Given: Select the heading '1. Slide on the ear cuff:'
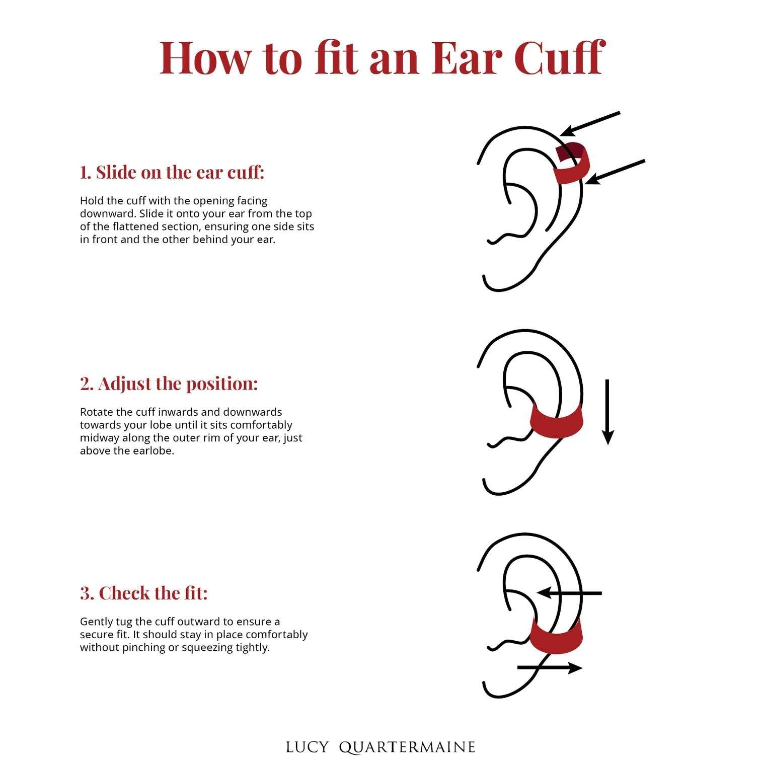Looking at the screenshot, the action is (x=172, y=172).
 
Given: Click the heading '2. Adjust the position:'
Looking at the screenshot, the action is (x=169, y=384).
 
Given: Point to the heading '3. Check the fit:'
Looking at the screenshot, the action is (x=143, y=593).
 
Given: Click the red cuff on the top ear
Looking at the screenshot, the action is (x=573, y=164).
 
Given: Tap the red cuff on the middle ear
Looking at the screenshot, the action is (x=556, y=422).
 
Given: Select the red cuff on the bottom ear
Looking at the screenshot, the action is (x=556, y=636).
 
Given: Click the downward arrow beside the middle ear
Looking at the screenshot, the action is (x=607, y=412).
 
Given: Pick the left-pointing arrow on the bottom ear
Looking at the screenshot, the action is (x=569, y=593).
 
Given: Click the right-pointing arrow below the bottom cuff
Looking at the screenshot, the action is (x=550, y=668).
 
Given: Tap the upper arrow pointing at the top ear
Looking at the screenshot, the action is (x=590, y=124).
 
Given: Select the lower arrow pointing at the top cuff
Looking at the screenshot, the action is (x=615, y=172).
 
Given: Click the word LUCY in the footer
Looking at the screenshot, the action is (x=307, y=747).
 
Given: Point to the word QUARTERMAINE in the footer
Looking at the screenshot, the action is (x=407, y=748).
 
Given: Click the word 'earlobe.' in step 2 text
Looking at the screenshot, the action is (x=156, y=450).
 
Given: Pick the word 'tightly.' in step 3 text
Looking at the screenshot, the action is (x=253, y=648).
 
